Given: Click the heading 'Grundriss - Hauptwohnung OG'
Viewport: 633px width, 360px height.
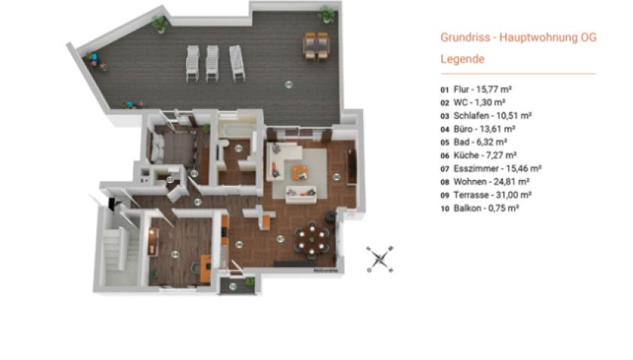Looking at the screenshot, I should coord(517,37).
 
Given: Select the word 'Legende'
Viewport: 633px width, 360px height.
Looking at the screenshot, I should coord(462,58).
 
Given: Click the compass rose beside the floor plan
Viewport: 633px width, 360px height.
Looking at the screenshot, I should coord(381,259).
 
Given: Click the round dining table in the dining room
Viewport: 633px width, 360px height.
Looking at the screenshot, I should coord(311,239).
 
